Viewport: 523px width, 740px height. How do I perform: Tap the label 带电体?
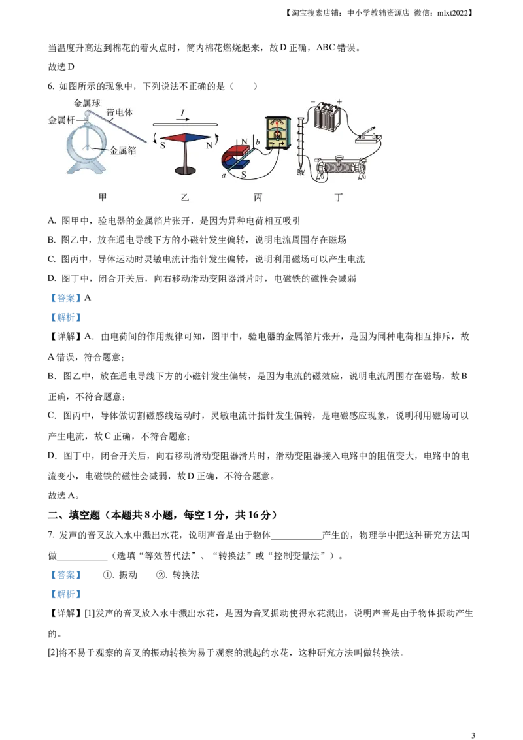coord(119,112)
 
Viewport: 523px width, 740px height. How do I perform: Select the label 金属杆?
coord(61,120)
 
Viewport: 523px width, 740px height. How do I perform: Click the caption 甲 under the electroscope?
coord(103,197)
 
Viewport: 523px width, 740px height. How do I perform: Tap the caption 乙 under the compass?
coord(185,197)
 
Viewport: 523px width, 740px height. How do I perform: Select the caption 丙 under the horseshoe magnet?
coord(258,197)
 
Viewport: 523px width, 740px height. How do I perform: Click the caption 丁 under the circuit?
coord(338,197)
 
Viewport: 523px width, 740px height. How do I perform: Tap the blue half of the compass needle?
coord(197,137)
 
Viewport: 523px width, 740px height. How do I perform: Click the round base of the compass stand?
coord(184,171)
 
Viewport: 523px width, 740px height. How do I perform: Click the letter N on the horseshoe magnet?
coord(245,142)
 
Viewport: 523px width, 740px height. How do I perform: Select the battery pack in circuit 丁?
coord(328,118)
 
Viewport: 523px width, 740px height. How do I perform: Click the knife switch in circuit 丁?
coord(367,137)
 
